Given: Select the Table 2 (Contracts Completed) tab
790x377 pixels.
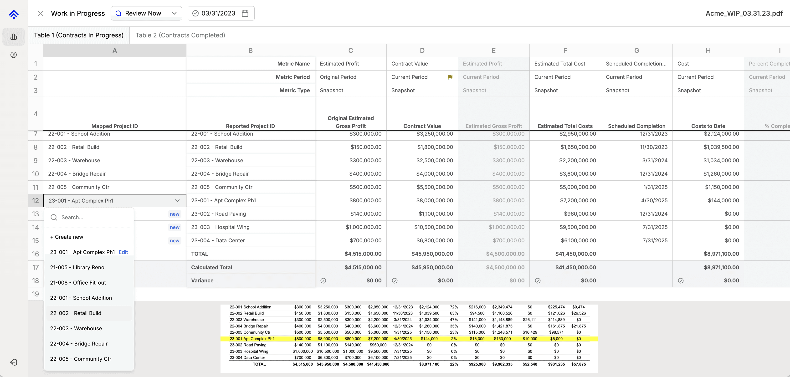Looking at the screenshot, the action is pos(180,35).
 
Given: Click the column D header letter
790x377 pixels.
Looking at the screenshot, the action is pos(422,51).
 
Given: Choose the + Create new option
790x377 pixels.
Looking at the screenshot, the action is pos(67,237).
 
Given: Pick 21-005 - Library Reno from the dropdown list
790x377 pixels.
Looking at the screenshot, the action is pos(77,267).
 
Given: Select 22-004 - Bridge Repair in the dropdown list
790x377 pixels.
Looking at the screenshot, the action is pos(79,344).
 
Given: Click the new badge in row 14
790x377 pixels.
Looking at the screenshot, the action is pos(174,227).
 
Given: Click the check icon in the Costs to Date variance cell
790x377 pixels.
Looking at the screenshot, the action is pos(681,281).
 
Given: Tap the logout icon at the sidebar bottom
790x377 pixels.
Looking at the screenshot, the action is pos(14,362).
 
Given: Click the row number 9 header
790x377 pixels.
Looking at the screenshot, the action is pos(36,161).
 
